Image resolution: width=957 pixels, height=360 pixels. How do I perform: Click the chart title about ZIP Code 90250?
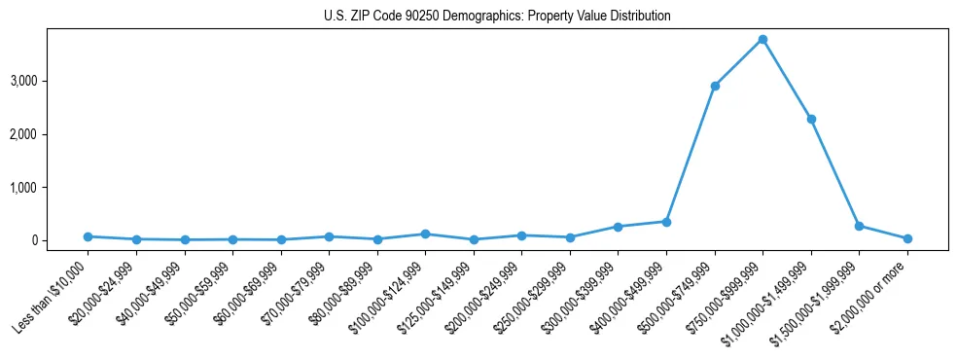497,17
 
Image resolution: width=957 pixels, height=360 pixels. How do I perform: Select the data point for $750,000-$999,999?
762,39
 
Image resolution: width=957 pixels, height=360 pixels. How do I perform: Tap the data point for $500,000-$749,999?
715,86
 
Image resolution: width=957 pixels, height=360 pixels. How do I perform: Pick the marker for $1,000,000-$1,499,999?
811,119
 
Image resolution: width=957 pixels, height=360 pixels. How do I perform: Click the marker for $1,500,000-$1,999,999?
859,226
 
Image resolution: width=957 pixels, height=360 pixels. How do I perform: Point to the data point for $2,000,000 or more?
907,238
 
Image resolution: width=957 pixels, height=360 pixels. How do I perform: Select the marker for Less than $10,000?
88,236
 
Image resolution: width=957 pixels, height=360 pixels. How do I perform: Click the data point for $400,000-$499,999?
666,222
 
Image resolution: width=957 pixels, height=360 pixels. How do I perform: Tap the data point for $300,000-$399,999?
618,227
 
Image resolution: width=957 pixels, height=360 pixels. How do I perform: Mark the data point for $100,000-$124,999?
425,234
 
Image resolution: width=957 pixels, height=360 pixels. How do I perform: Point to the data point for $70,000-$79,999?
329,236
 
